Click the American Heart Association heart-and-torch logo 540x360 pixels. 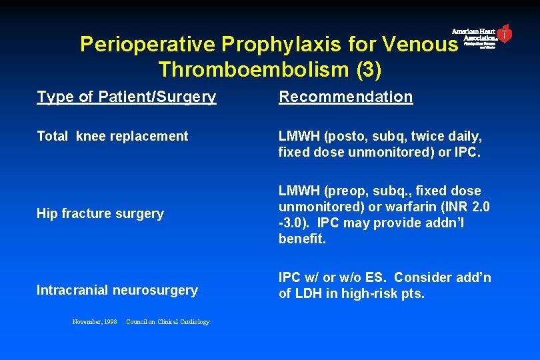[505, 34]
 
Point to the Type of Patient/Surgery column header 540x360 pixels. [127, 97]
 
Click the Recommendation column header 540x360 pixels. [345, 97]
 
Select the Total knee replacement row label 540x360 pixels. [112, 136]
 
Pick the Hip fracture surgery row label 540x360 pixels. [100, 213]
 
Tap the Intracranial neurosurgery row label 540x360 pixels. [117, 290]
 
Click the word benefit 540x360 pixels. [302, 239]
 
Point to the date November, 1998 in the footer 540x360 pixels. [95, 322]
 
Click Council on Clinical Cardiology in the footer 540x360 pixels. [167, 322]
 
